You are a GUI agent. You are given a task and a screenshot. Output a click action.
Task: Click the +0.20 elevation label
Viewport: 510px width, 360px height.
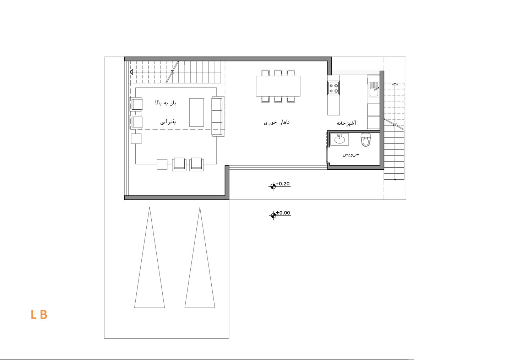283,184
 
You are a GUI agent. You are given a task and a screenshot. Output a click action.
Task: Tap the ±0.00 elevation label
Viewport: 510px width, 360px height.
283,213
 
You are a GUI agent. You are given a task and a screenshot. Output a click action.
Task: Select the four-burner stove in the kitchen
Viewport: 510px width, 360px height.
333,88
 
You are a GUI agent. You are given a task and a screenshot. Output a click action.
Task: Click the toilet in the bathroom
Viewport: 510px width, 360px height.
366,140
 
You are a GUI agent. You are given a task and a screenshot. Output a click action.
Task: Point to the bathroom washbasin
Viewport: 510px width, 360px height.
340,139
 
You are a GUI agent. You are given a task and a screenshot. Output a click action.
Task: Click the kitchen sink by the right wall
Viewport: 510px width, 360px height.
374,89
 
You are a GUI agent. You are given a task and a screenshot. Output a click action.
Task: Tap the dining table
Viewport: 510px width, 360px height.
278,86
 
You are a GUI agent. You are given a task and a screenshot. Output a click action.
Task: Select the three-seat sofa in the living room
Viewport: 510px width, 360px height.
218,116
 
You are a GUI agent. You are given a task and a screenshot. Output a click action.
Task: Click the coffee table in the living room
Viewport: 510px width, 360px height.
196,113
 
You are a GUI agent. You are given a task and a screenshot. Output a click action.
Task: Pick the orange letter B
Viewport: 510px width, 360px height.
43,315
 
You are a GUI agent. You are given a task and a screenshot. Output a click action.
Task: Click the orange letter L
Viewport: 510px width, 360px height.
33,315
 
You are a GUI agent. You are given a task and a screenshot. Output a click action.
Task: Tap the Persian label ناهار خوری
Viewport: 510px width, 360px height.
277,122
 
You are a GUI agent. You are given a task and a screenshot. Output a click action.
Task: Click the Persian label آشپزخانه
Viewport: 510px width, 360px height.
347,123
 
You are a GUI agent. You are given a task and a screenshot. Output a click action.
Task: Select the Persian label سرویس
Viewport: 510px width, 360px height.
351,154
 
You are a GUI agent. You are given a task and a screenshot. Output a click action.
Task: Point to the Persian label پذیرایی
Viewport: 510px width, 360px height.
168,122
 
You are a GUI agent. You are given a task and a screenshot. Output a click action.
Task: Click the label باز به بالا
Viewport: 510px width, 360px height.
166,103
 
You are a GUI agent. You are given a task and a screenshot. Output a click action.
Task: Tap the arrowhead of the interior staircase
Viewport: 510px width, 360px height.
131,72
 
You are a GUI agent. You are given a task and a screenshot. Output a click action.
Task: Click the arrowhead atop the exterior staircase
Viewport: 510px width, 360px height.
395,84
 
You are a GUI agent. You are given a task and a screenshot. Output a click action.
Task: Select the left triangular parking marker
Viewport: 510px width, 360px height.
150,258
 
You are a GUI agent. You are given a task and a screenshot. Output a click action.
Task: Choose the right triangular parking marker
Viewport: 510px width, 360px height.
200,258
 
